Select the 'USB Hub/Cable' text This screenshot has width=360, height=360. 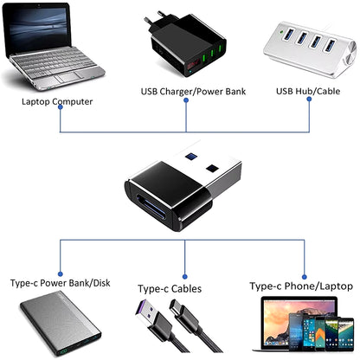[x=307, y=90]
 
